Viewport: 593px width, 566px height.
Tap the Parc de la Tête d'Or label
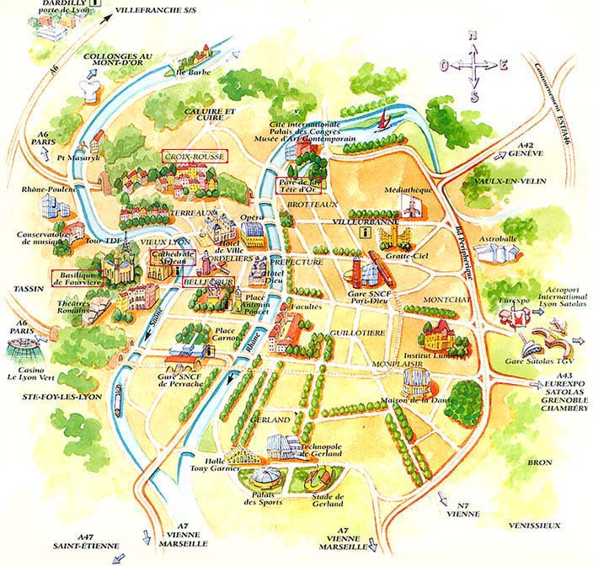300,185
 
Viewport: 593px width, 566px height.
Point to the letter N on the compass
473,35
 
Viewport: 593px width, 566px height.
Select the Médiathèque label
403,190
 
